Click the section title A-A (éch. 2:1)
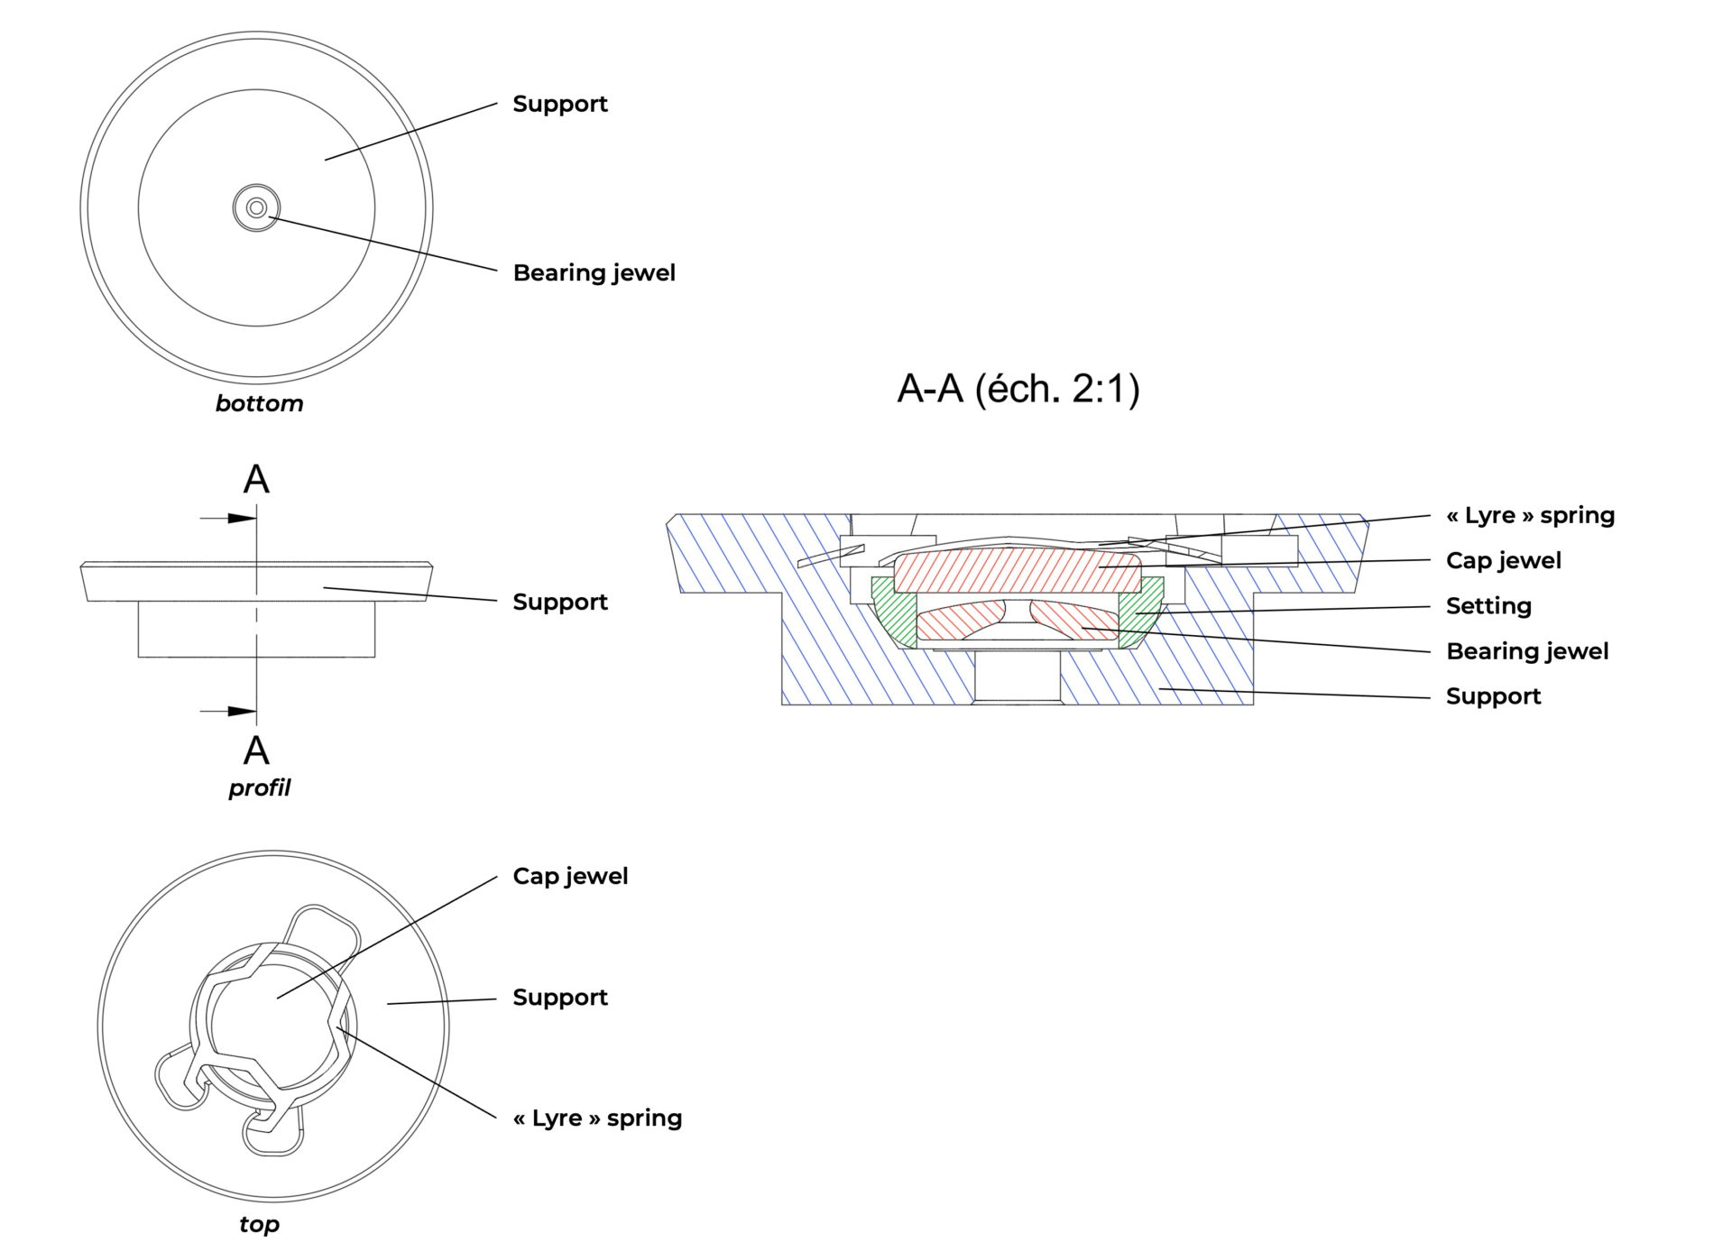pos(1018,389)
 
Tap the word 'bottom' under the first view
pos(259,403)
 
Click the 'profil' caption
pos(259,787)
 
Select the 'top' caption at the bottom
pos(259,1224)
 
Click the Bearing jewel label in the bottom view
pos(594,272)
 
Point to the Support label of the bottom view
pos(560,104)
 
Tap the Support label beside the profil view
pos(560,602)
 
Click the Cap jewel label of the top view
pos(570,876)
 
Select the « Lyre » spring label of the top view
pos(597,1118)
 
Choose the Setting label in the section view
pos(1488,606)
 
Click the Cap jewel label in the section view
pos(1503,560)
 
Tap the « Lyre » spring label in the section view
pos(1530,515)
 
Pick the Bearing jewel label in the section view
pos(1527,651)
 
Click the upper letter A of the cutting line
pos(256,479)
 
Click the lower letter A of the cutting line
pos(256,750)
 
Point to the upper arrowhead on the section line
pos(241,519)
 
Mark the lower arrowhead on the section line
pos(241,712)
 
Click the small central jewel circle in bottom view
pos(256,208)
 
